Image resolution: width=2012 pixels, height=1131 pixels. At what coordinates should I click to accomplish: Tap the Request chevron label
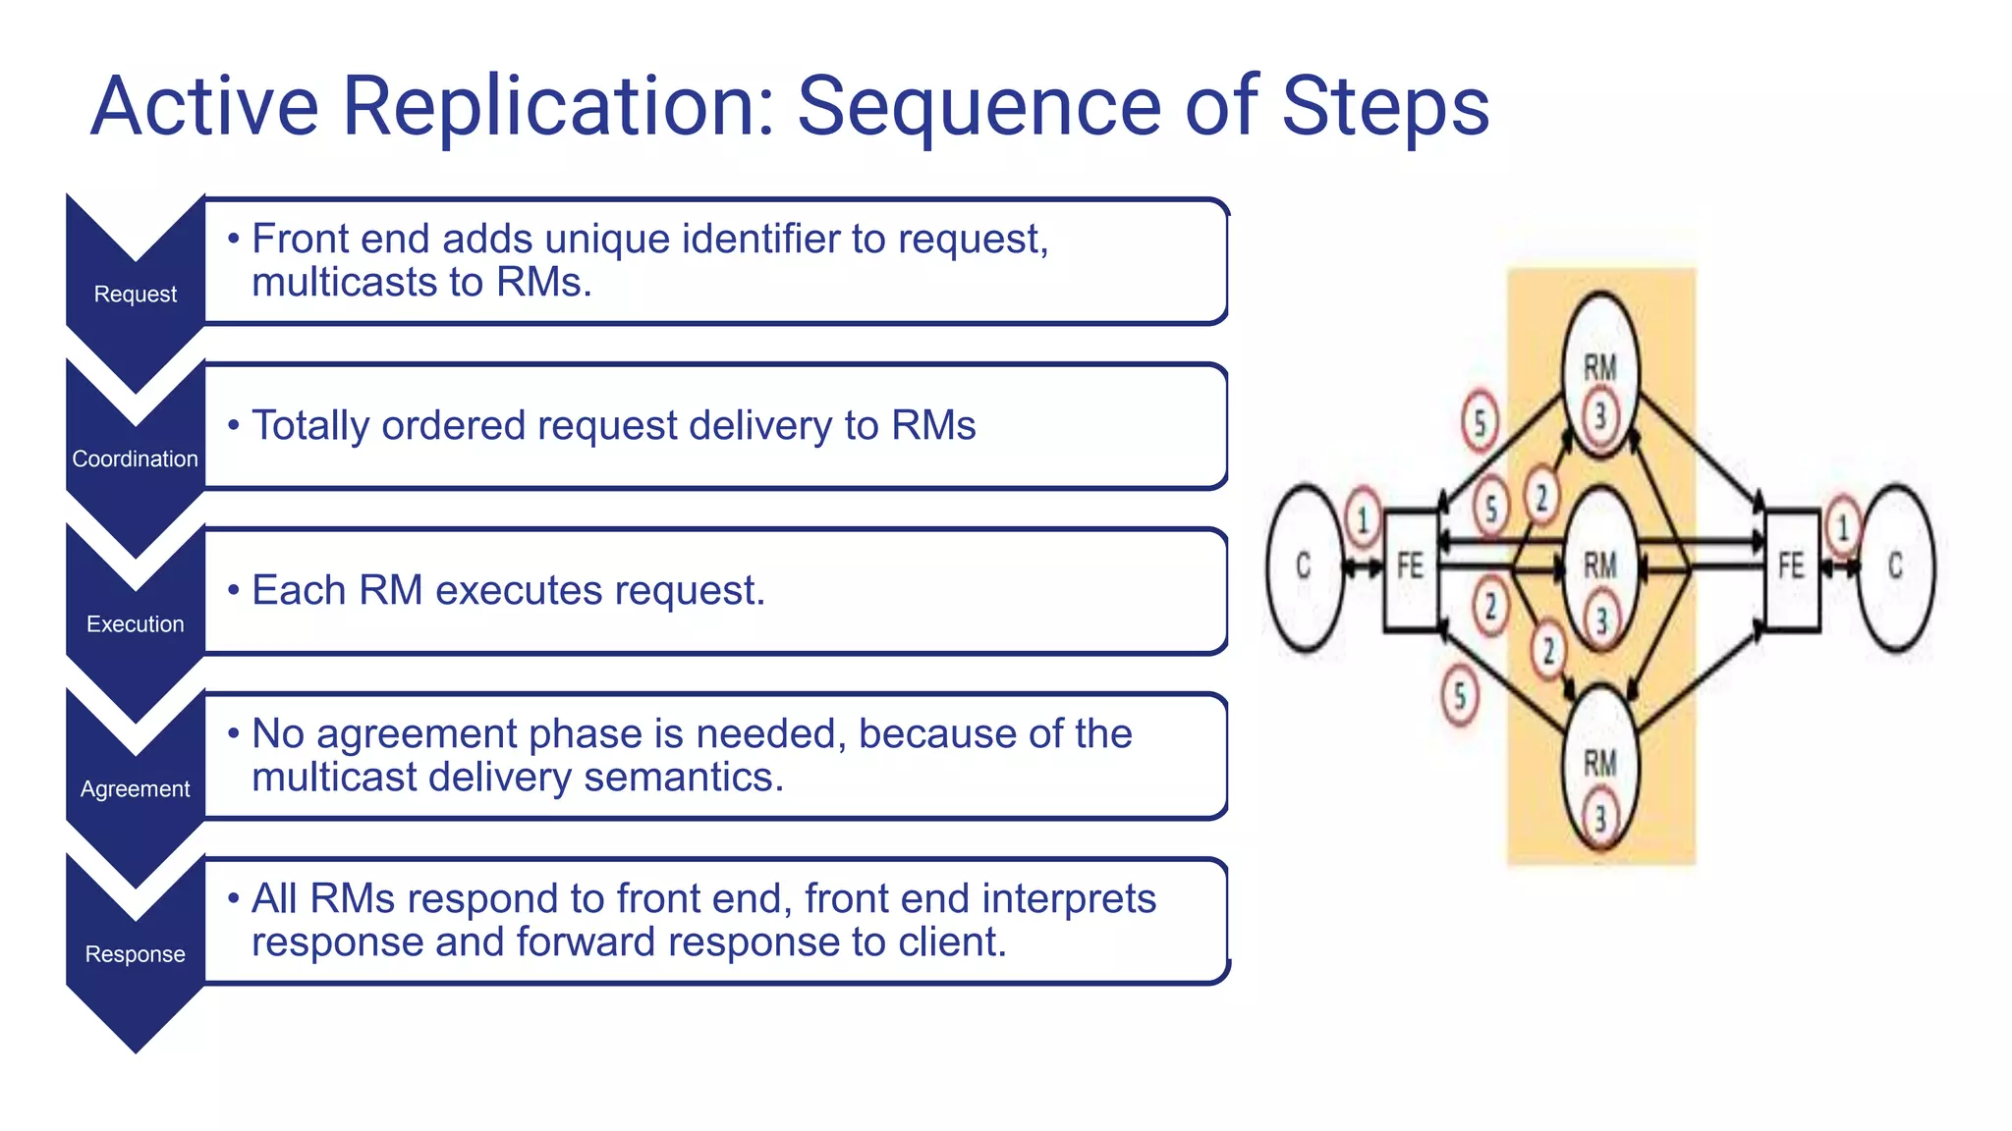(135, 295)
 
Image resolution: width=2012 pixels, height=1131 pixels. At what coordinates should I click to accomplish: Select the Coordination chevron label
(135, 459)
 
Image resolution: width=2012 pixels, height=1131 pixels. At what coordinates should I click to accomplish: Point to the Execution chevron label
(135, 624)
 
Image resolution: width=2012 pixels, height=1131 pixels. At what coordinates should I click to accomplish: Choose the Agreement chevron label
(135, 789)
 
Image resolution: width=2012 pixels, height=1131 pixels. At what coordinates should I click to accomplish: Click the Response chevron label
(135, 954)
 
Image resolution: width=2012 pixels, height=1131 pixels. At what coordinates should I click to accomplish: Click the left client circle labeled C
(1304, 566)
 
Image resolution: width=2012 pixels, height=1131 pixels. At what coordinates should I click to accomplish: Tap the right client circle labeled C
(1896, 566)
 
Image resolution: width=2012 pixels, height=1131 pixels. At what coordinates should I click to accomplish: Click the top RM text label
(1600, 368)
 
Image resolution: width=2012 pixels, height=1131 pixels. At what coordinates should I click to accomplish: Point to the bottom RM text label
(1600, 763)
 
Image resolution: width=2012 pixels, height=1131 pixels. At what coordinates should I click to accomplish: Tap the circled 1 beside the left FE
(1363, 519)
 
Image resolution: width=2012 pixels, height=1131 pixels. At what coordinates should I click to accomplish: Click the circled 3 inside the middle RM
(1601, 620)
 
